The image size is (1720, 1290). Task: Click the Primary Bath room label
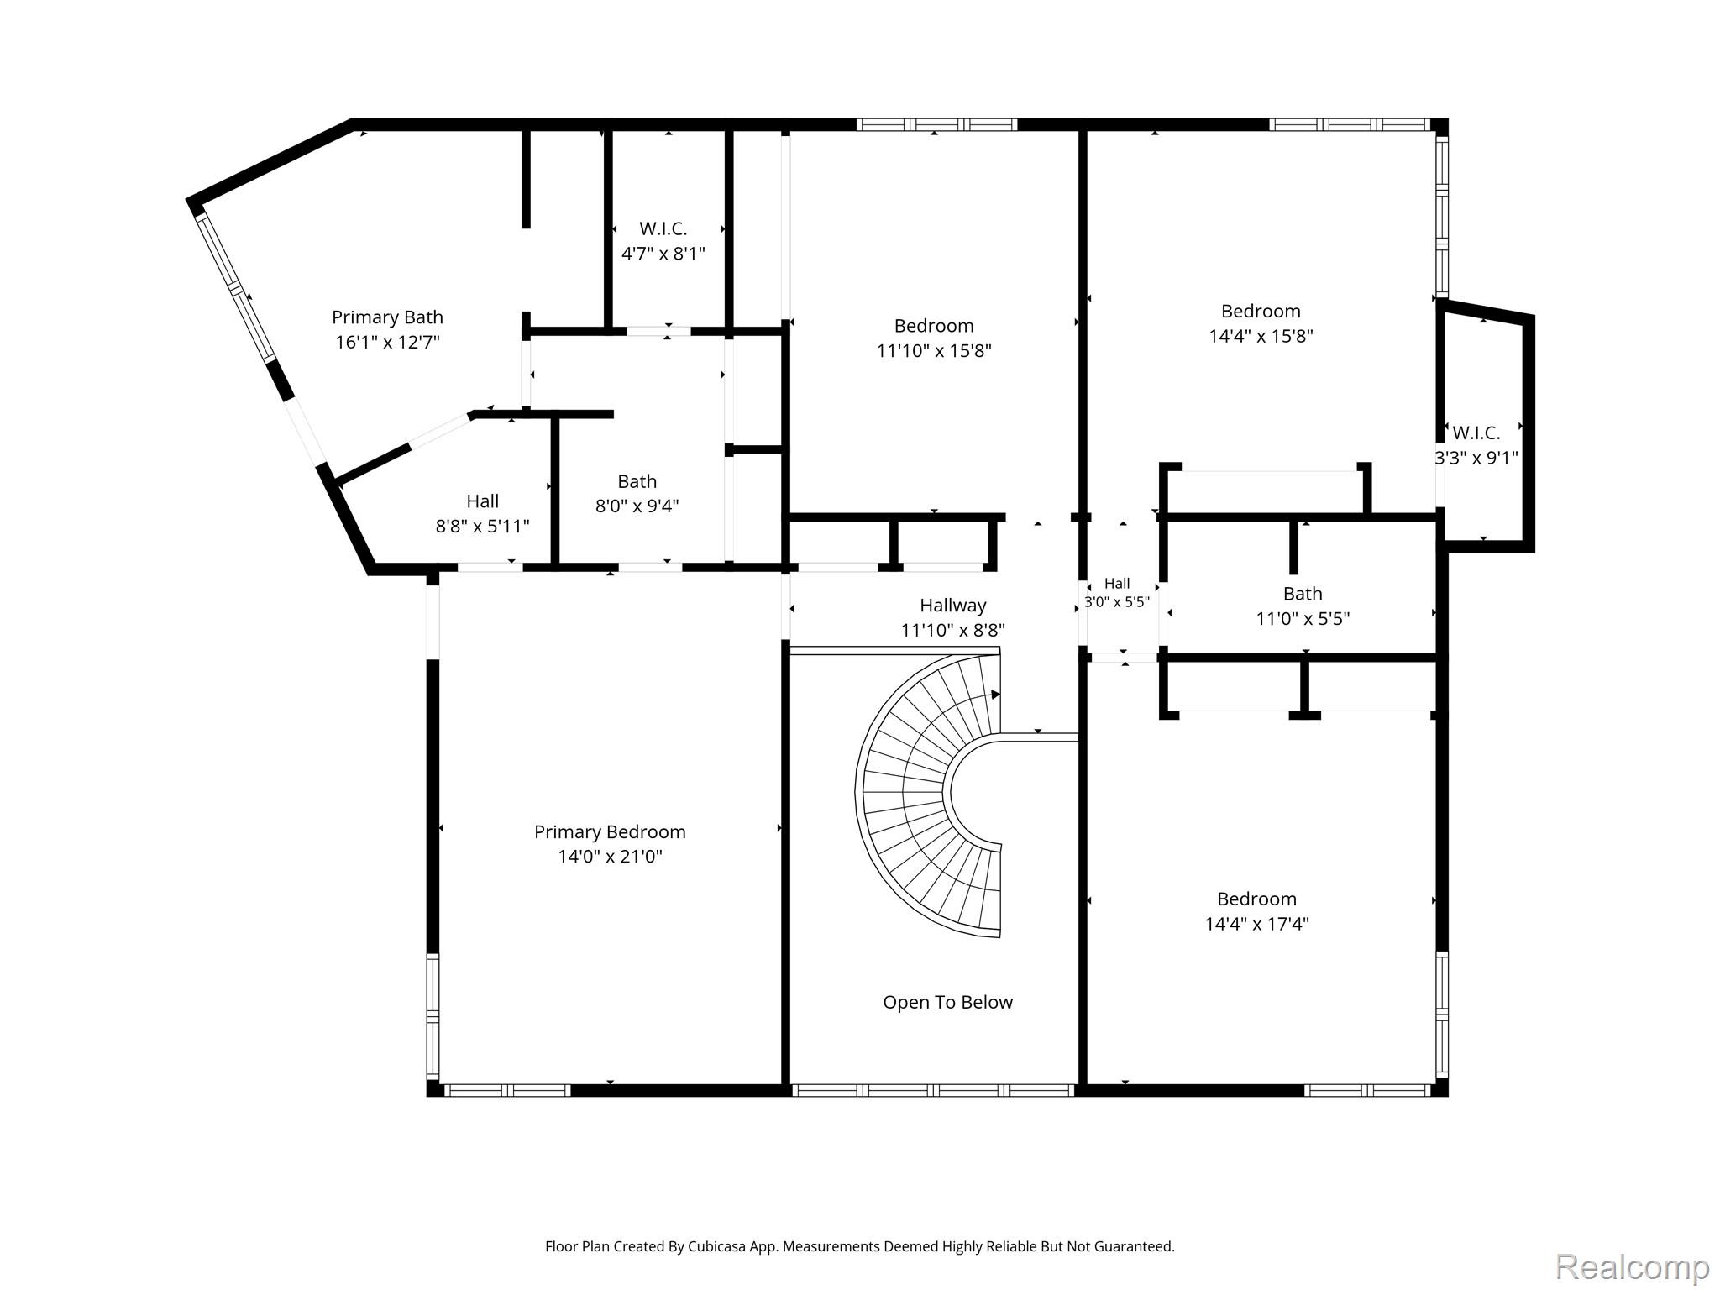pyautogui.click(x=387, y=317)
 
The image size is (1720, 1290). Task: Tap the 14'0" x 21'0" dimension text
pyautogui.click(x=611, y=857)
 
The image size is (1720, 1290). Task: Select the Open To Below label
pyautogui.click(x=947, y=1002)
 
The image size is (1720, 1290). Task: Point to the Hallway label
pyautogui.click(x=953, y=605)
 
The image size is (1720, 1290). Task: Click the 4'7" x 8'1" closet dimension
pyautogui.click(x=663, y=253)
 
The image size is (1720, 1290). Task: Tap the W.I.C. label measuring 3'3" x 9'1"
pyautogui.click(x=1476, y=433)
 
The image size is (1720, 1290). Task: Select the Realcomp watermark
pyautogui.click(x=1633, y=1266)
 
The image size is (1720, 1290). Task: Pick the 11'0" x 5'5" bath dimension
pyautogui.click(x=1303, y=619)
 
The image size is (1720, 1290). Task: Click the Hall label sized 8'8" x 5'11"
pyautogui.click(x=483, y=501)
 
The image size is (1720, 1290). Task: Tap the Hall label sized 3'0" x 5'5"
pyautogui.click(x=1117, y=583)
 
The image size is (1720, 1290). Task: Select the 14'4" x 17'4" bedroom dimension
pyautogui.click(x=1257, y=924)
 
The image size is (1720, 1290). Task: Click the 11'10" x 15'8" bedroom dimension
pyautogui.click(x=934, y=350)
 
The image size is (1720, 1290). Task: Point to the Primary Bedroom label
pyautogui.click(x=611, y=831)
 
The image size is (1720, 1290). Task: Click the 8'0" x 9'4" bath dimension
pyautogui.click(x=637, y=506)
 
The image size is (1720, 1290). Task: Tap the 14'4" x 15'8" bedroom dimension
pyautogui.click(x=1261, y=336)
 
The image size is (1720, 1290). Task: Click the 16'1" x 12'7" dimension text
pyautogui.click(x=387, y=342)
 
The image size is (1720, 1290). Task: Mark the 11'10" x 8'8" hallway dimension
pyautogui.click(x=953, y=630)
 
